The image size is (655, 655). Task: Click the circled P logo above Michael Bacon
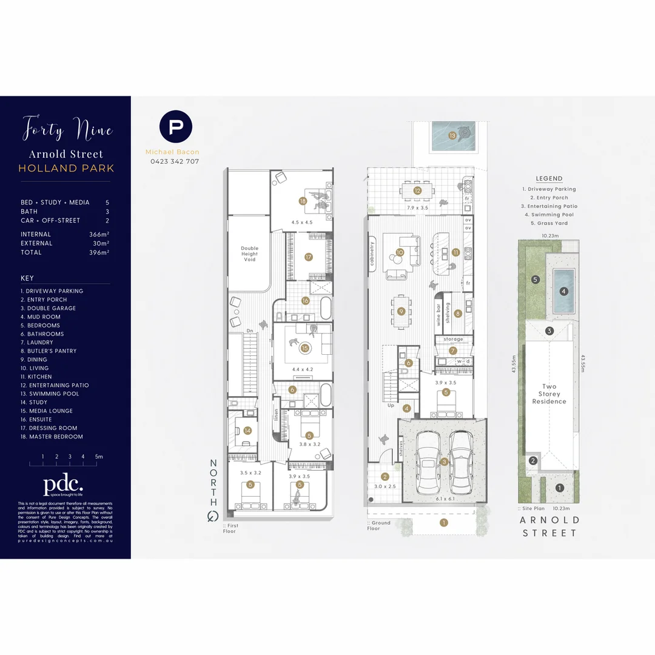(x=176, y=127)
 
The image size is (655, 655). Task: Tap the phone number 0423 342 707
(x=175, y=161)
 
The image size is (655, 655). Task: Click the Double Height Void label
(x=249, y=254)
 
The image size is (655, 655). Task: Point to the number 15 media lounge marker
(x=305, y=348)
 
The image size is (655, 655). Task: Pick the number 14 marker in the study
(x=247, y=431)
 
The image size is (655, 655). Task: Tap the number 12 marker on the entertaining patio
(x=417, y=190)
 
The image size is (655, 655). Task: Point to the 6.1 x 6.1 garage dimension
(x=445, y=499)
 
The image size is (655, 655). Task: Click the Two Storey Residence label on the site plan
(x=549, y=394)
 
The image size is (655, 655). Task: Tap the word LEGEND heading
(x=549, y=179)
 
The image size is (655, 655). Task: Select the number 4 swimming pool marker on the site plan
(x=564, y=291)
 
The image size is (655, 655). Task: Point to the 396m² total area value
(x=99, y=252)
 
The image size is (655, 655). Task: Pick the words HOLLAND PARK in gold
(x=66, y=168)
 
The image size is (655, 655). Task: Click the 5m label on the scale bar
(x=99, y=457)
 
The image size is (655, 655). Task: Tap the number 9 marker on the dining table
(x=401, y=311)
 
